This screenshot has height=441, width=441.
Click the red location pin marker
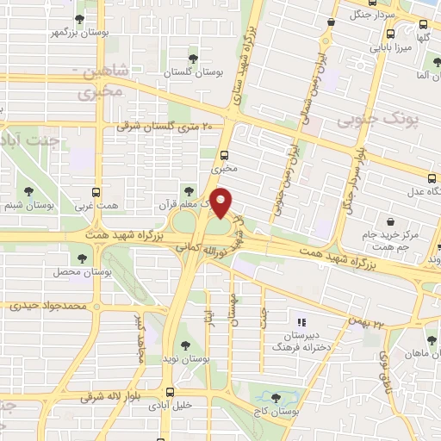222,202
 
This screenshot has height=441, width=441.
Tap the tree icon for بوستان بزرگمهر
80,18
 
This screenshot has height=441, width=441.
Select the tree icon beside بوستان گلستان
191,59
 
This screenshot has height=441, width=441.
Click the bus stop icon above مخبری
225,156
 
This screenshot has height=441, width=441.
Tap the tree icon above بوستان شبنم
30,191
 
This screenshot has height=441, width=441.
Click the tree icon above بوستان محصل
83,257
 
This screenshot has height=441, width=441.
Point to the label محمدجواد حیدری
48,306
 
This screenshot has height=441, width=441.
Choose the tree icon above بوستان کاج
276,398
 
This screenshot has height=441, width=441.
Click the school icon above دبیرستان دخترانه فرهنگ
301,314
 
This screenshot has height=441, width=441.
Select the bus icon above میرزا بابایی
391,34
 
